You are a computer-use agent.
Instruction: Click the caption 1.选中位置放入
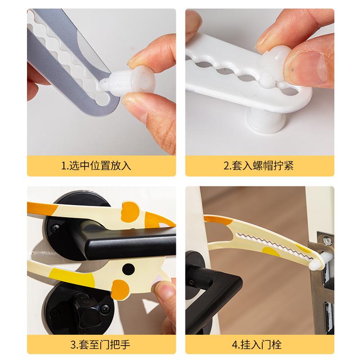tap(96, 166)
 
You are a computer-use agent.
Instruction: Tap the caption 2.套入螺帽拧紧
tap(259, 166)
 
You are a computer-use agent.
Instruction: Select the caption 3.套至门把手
tap(100, 344)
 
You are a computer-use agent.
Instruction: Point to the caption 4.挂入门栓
tap(256, 344)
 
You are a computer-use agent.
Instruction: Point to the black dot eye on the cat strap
tap(128, 269)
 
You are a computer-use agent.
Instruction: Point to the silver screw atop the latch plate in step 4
tap(327, 240)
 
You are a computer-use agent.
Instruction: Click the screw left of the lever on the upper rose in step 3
tap(55, 228)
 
